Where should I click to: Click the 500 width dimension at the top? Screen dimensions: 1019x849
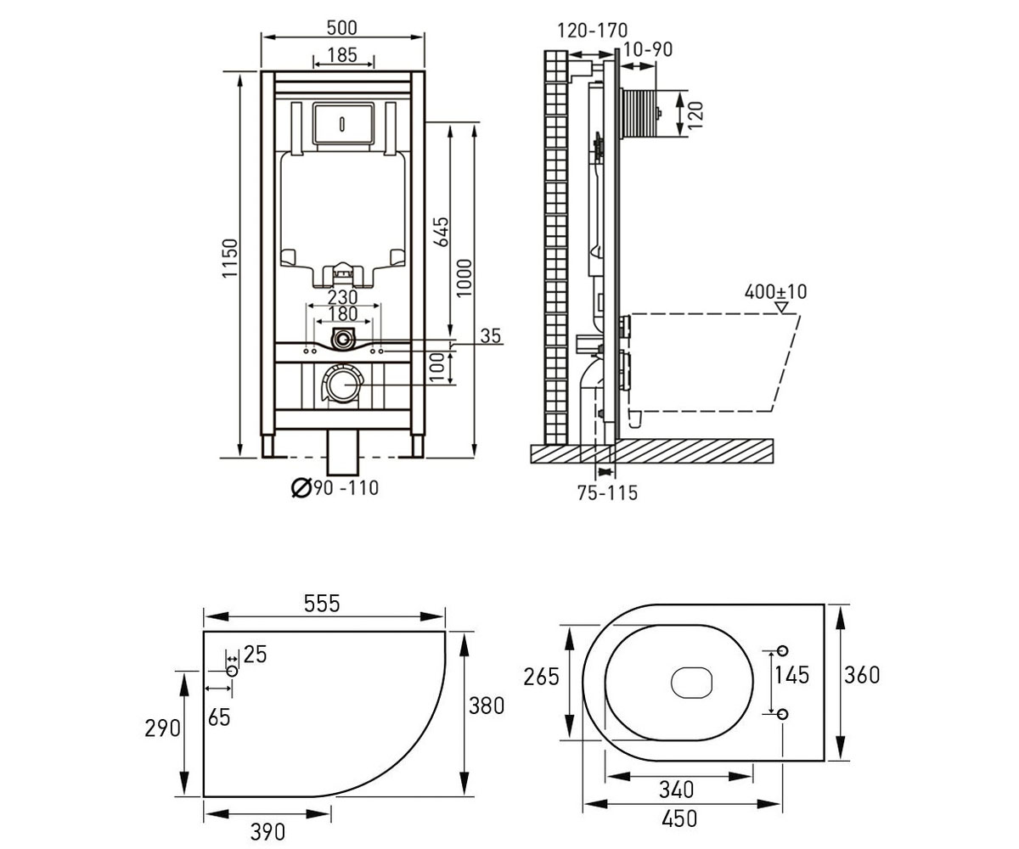click(x=342, y=27)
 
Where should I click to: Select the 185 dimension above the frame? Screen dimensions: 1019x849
click(x=342, y=54)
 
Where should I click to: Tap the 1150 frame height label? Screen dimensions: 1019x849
click(x=229, y=258)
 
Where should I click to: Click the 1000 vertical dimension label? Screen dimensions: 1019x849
click(x=464, y=278)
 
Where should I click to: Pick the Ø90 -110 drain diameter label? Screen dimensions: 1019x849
click(x=335, y=487)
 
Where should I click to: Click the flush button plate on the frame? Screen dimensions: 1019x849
click(x=343, y=122)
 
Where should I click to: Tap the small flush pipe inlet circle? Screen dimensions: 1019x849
click(x=344, y=339)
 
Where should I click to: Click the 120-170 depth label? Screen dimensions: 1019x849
click(x=593, y=31)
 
